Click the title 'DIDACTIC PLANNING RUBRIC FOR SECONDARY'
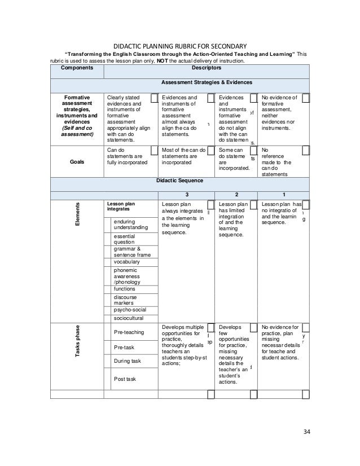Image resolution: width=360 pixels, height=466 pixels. [180, 46]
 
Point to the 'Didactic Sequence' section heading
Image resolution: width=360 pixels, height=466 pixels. [179, 181]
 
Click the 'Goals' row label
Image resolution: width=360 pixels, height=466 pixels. [77, 160]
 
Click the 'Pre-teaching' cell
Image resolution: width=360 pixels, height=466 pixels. [129, 332]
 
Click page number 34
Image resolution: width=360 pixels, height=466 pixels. [307, 433]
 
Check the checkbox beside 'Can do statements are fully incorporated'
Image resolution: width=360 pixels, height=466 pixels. [154, 151]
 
